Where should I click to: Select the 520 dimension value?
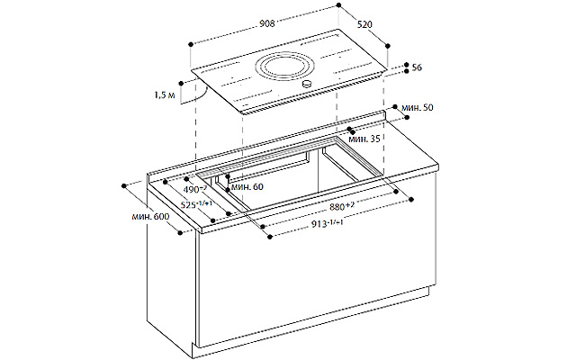[x=365, y=25]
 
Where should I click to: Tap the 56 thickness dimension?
[x=418, y=67]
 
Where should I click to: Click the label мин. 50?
[x=417, y=107]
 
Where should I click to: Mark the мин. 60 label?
[x=247, y=186]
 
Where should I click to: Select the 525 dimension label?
[x=197, y=206]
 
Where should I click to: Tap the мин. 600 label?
[x=149, y=217]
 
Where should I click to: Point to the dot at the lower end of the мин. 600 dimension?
[x=182, y=232]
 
